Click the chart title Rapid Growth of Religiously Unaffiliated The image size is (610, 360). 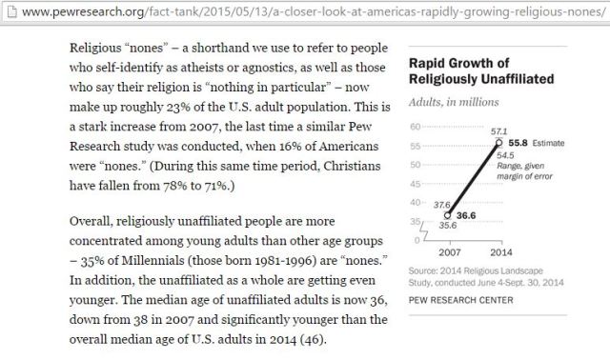(x=474, y=72)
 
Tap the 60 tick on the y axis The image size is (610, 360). (x=414, y=128)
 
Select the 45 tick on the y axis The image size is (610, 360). (x=414, y=184)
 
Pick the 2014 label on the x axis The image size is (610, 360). (x=500, y=253)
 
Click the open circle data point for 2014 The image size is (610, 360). (x=499, y=143)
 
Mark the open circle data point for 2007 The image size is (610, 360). (x=448, y=215)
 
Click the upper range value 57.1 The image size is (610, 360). (x=498, y=129)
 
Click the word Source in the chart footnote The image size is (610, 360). (x=423, y=272)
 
